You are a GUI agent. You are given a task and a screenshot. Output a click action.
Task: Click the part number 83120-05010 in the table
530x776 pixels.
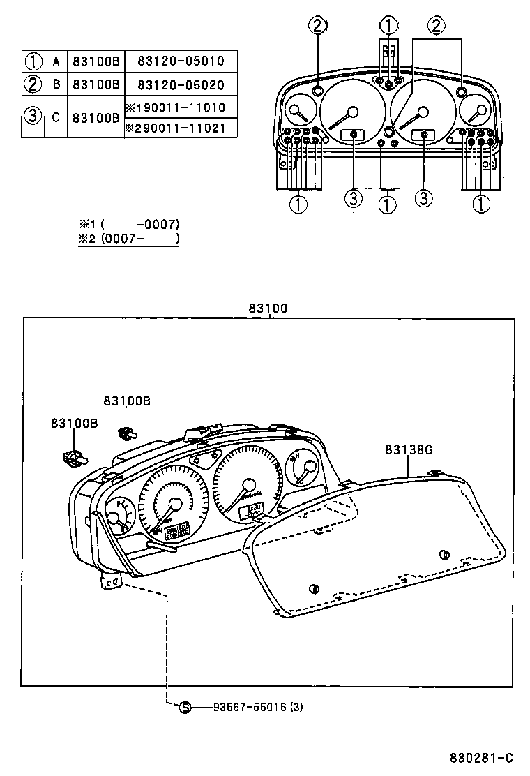click(181, 61)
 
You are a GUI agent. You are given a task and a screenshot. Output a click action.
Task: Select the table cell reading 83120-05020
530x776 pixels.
click(181, 84)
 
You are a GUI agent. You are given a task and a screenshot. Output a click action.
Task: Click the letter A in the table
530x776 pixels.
click(56, 61)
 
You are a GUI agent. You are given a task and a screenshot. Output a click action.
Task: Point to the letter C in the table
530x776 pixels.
click(56, 117)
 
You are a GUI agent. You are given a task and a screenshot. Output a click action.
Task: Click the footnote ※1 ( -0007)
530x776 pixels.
click(129, 224)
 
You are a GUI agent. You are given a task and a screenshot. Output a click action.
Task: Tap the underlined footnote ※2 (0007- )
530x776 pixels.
click(129, 239)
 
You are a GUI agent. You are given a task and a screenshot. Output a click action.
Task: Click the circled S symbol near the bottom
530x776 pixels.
click(185, 707)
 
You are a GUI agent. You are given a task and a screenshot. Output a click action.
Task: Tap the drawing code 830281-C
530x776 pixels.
click(480, 758)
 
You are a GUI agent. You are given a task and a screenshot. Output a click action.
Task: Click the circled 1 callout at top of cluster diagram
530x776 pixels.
click(388, 26)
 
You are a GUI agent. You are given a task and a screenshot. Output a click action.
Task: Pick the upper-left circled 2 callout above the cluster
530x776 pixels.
click(317, 27)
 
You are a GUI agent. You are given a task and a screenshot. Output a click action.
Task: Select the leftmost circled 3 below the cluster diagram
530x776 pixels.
click(354, 199)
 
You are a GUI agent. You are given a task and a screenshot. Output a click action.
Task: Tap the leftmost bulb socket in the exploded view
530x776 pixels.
click(75, 458)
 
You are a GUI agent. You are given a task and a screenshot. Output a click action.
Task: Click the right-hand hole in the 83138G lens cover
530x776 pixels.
click(444, 555)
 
